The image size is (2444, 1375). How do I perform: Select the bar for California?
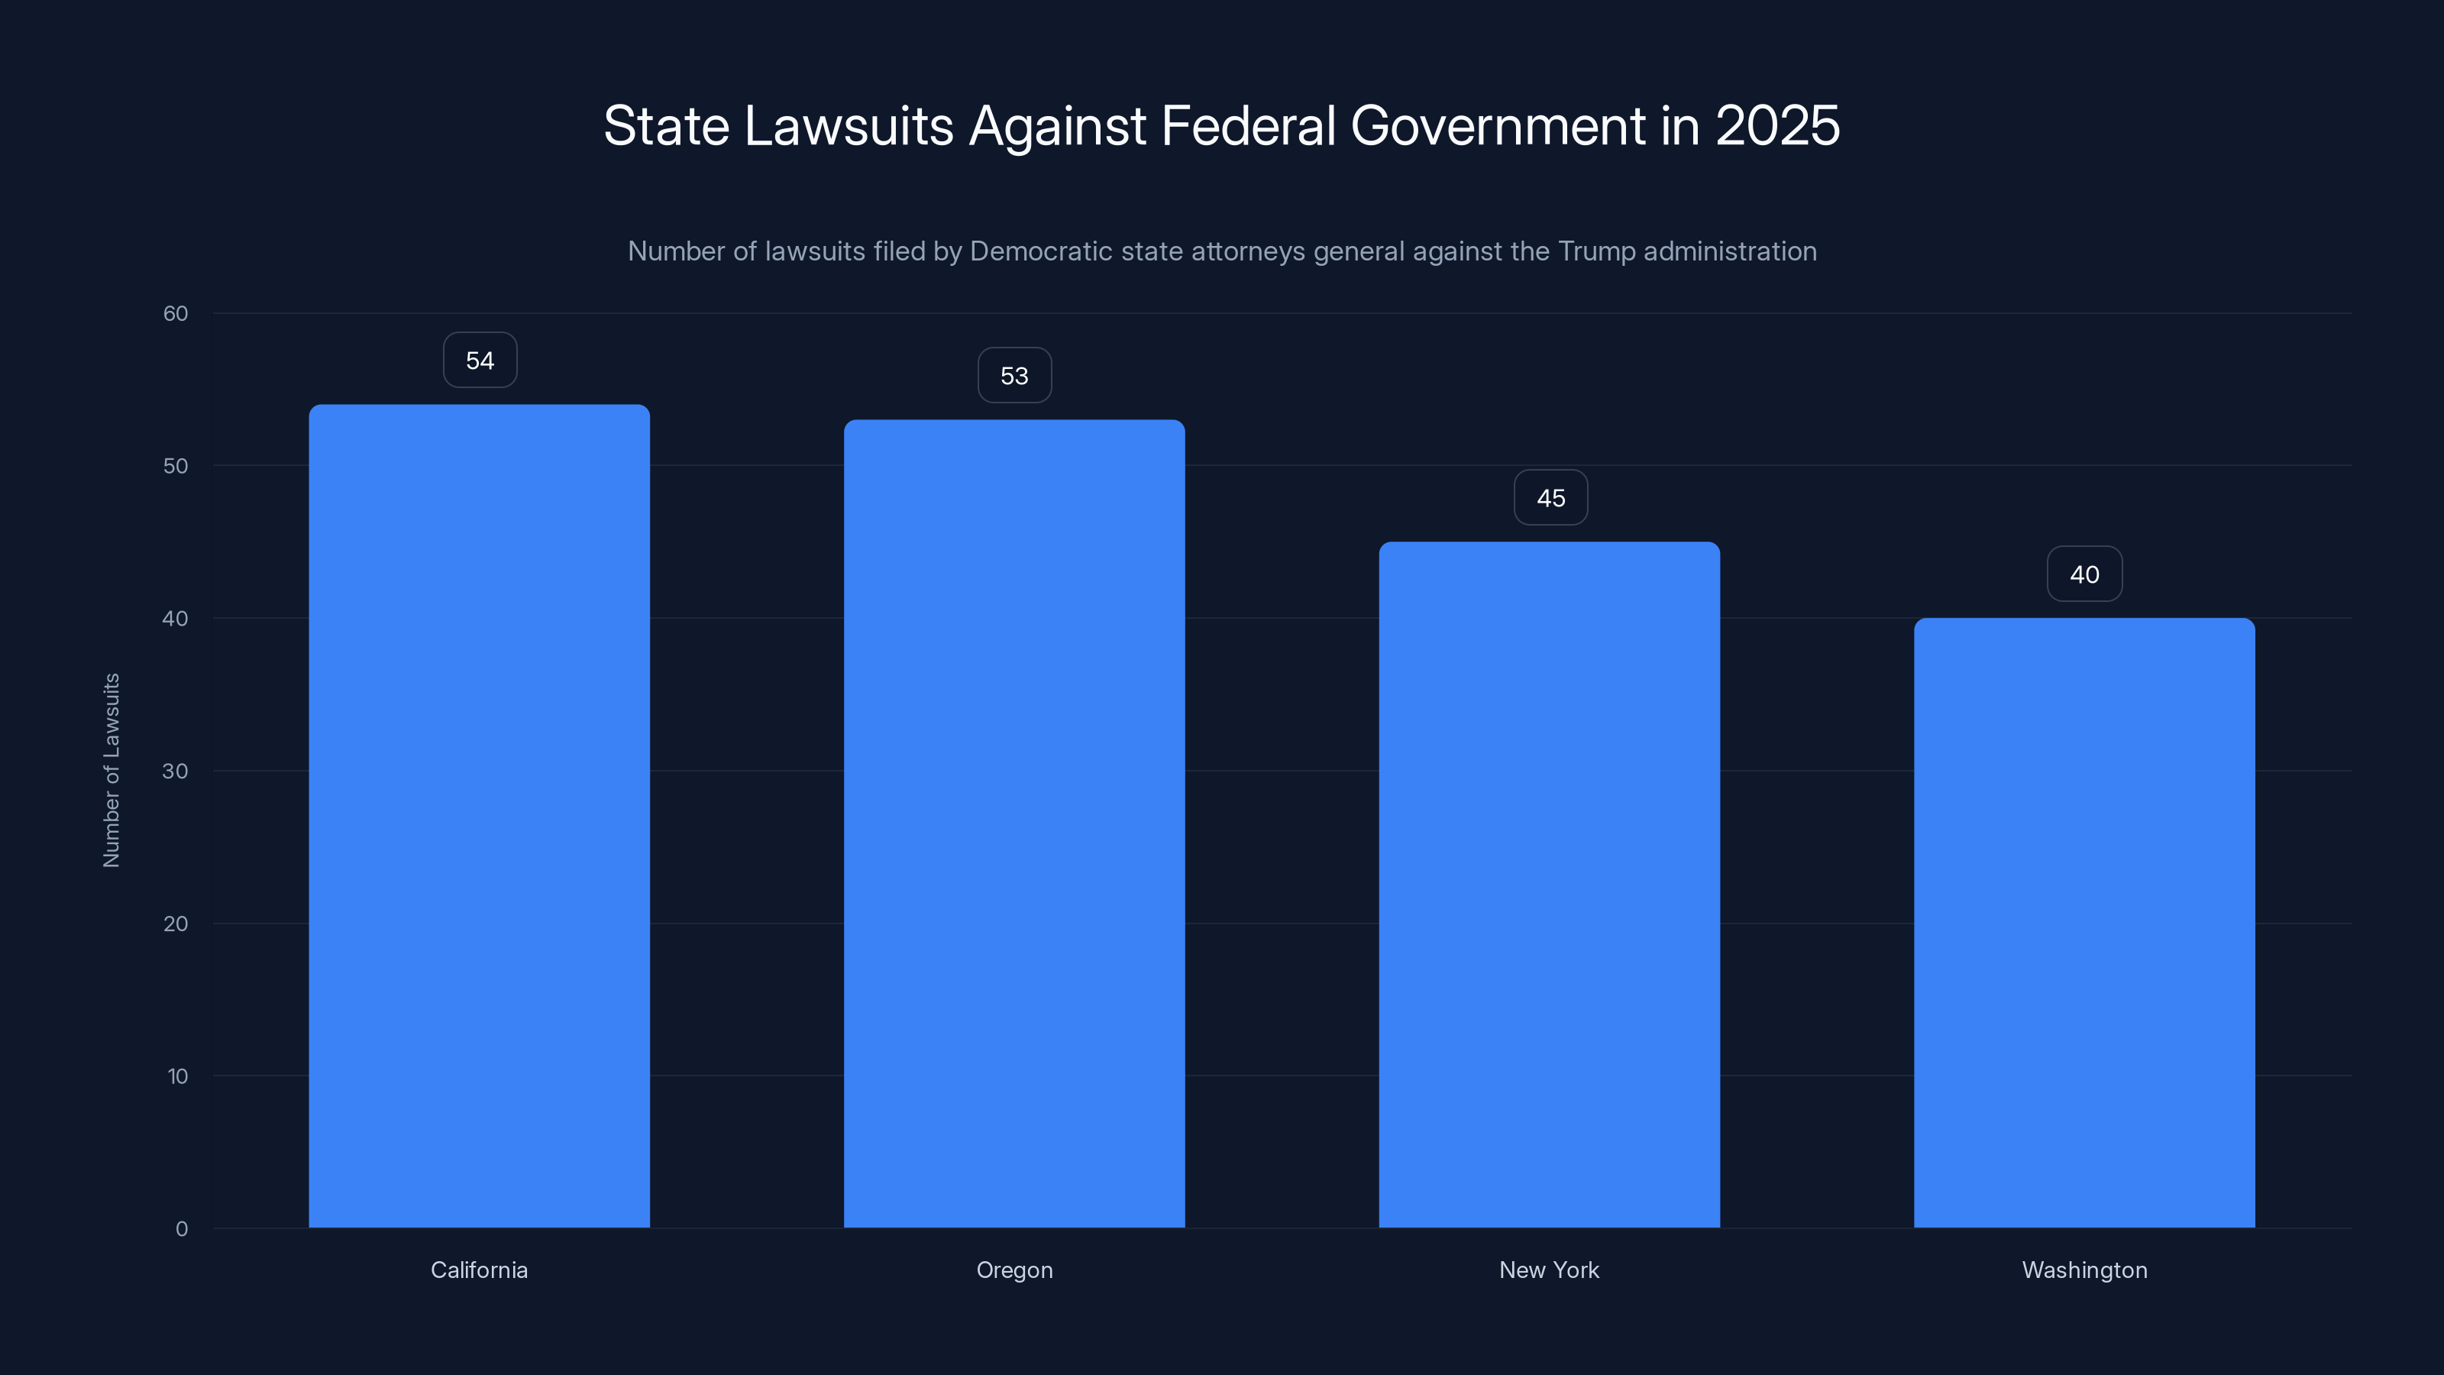(479, 816)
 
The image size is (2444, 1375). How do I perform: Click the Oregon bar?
(1014, 823)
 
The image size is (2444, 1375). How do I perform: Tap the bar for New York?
(1550, 885)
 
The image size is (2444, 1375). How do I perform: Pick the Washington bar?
(2084, 922)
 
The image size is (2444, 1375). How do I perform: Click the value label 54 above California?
(480, 361)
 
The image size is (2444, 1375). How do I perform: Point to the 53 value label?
(1014, 376)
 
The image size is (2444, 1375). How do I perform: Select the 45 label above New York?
(1550, 498)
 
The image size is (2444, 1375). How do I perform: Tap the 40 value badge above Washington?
(2084, 574)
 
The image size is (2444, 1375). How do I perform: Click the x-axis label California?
(479, 1270)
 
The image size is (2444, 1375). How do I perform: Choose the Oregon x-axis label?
(1014, 1270)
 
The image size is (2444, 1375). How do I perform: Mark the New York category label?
(1550, 1270)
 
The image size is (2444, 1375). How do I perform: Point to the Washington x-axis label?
(2084, 1270)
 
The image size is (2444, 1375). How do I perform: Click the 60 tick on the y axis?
(176, 313)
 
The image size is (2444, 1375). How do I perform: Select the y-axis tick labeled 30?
(176, 771)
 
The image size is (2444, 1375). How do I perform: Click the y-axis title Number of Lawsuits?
(111, 771)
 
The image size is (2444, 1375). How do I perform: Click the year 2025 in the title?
(1777, 126)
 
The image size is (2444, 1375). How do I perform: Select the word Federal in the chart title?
(1248, 126)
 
